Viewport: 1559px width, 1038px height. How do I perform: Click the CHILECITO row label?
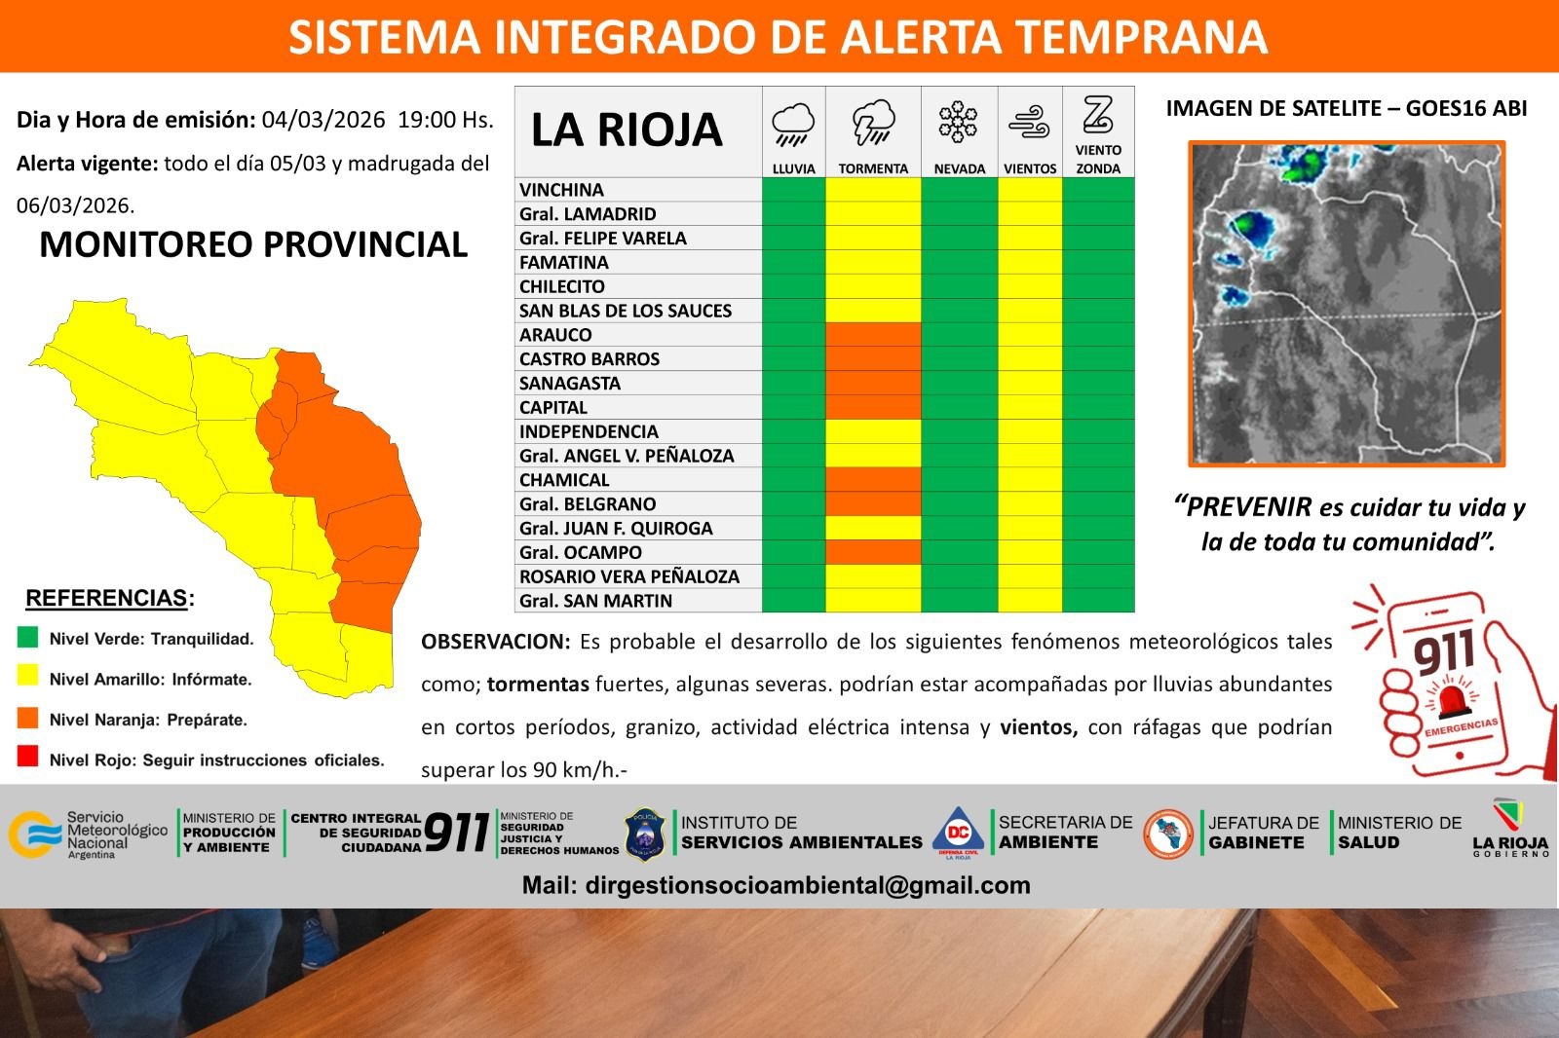[561, 286]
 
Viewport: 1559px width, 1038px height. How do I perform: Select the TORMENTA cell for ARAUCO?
[873, 335]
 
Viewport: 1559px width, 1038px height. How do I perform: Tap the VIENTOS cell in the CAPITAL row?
[1030, 407]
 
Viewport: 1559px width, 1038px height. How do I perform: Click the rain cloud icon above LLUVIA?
[793, 125]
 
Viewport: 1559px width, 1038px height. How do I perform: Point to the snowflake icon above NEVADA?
[958, 122]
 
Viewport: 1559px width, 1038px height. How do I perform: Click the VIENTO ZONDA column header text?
[1098, 160]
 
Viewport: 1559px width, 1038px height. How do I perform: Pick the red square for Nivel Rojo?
[28, 757]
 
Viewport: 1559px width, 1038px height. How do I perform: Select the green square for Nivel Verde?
[28, 637]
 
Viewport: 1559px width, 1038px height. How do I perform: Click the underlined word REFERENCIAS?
[106, 598]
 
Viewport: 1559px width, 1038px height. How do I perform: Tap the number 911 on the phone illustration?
[1444, 652]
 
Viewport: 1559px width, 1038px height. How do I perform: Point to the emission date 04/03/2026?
[323, 120]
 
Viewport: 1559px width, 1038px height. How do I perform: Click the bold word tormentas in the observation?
[538, 685]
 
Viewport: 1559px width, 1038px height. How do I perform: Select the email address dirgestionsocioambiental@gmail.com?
[808, 885]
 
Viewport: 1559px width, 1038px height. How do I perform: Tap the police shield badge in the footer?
[644, 834]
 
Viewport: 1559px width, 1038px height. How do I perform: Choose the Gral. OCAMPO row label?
[581, 552]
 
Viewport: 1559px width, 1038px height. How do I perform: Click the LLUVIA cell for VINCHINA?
[794, 189]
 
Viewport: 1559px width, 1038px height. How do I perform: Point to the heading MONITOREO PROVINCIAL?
[253, 244]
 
